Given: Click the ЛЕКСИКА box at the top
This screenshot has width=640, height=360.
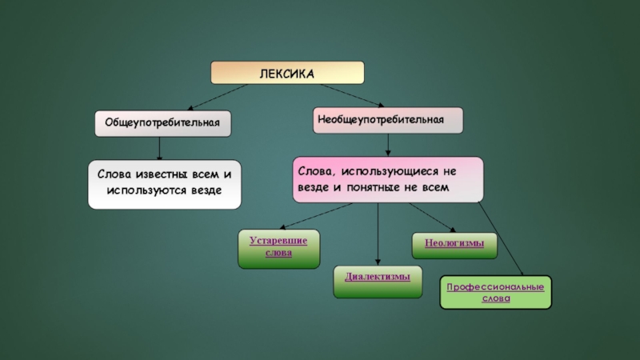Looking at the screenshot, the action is click(287, 73).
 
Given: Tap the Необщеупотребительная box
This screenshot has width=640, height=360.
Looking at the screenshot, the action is click(388, 119).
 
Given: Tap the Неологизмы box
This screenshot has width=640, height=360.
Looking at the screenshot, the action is click(454, 244).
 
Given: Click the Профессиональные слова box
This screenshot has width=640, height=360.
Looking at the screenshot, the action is click(495, 292).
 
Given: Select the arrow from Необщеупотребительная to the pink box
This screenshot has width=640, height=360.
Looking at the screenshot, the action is click(389, 144).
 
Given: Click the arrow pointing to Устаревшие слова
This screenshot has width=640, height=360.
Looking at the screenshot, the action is click(317, 216).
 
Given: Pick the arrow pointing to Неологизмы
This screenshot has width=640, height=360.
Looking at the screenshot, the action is click(432, 217).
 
